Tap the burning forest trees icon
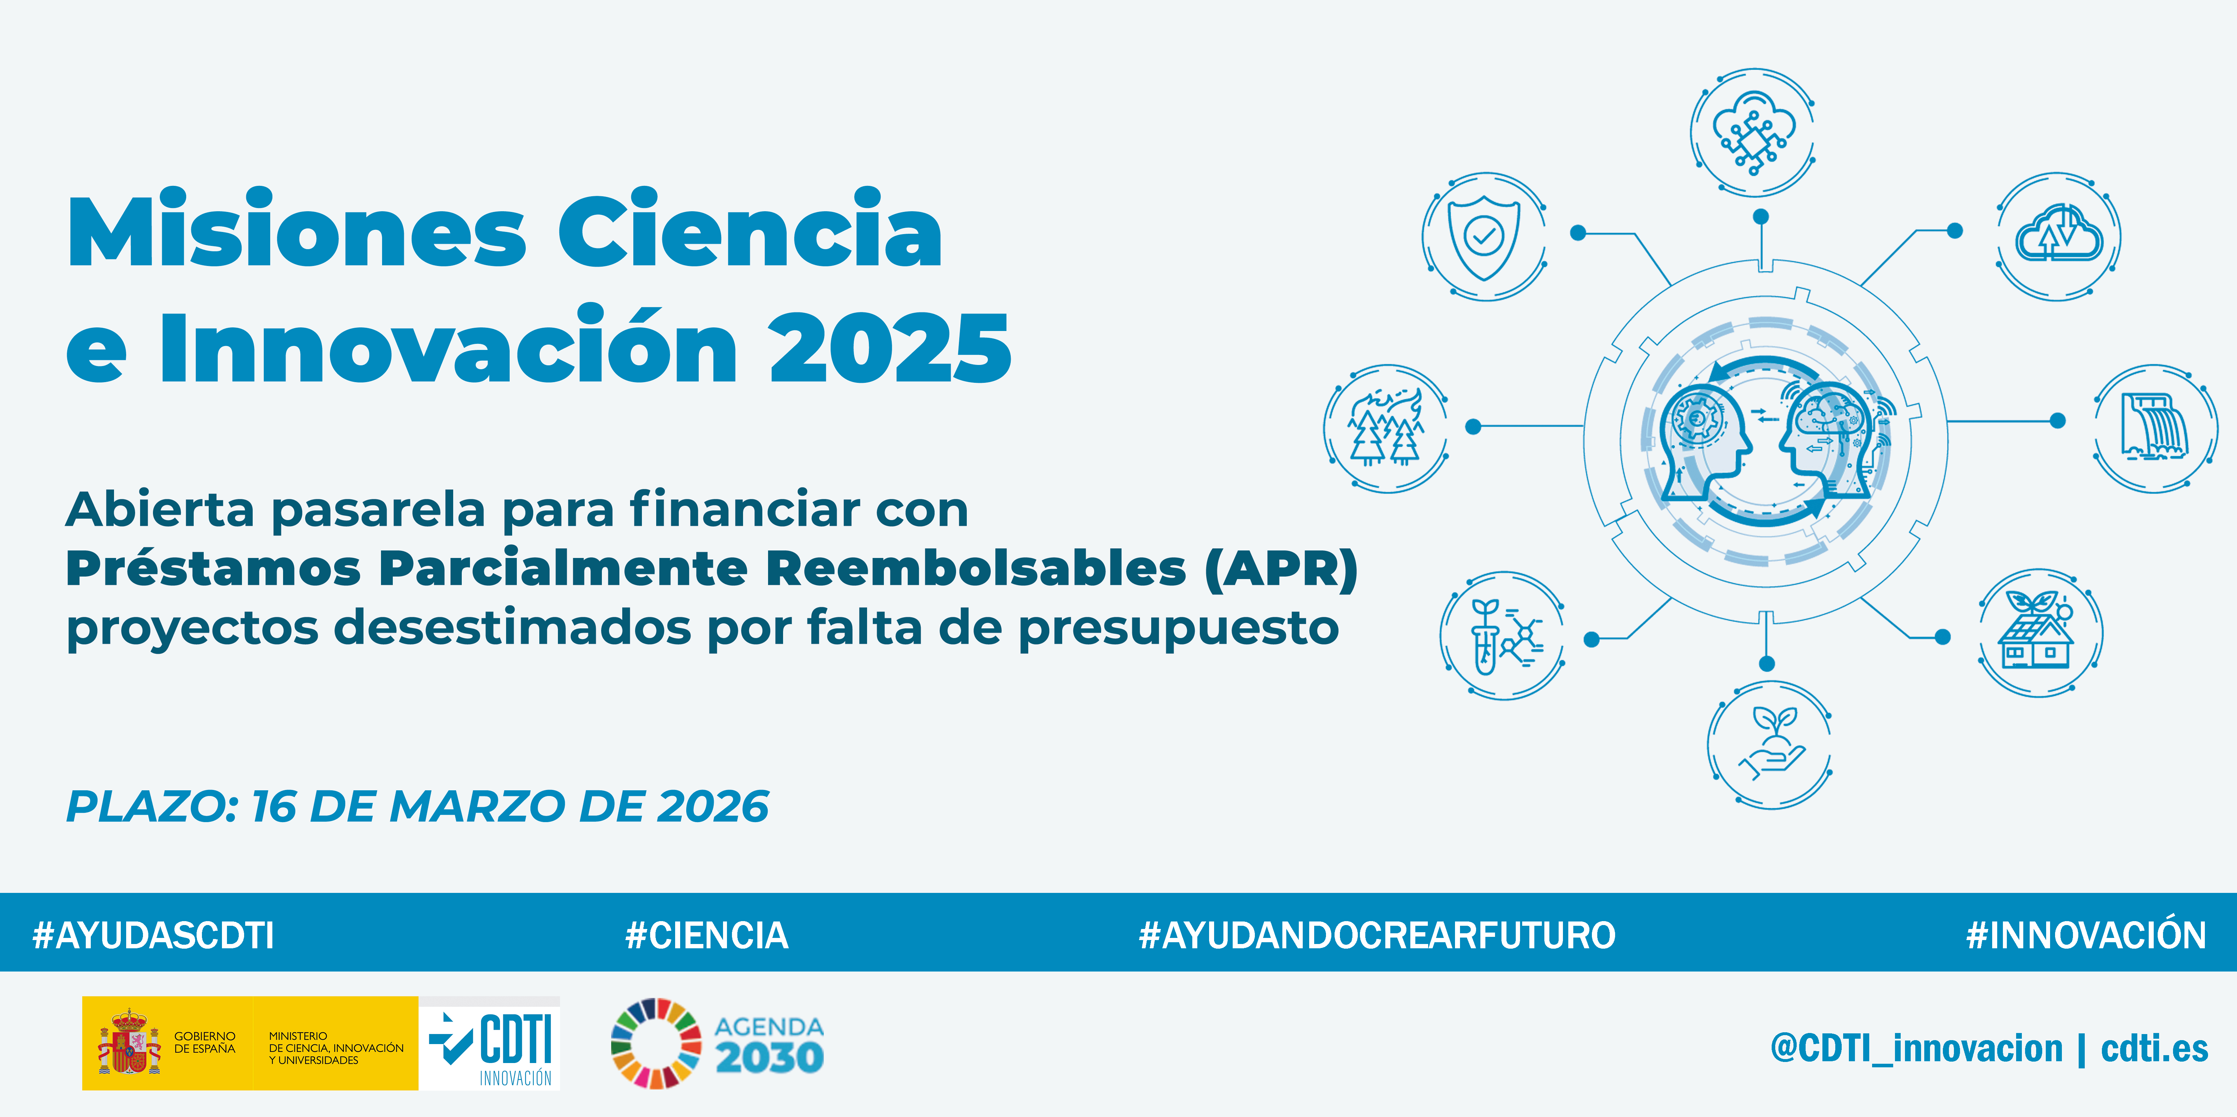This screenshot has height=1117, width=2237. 1386,427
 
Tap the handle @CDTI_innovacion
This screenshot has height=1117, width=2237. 1916,1048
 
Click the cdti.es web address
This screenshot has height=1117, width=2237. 2154,1048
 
